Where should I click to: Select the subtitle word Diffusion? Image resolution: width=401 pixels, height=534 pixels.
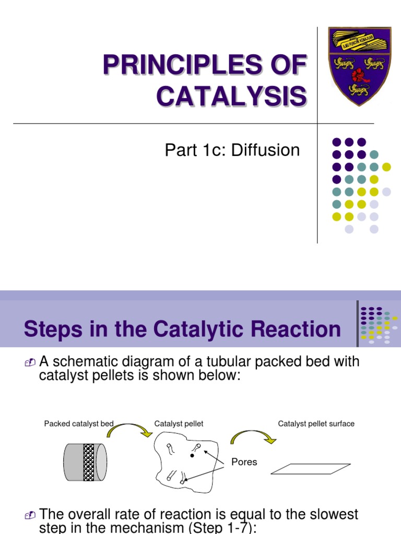[266, 150]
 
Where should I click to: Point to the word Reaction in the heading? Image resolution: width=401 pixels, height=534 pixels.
[297, 329]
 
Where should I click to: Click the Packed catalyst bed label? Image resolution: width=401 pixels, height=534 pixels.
[79, 423]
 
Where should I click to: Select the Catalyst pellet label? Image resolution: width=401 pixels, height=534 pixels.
[179, 423]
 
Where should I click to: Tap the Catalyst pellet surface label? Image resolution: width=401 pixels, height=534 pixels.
[316, 423]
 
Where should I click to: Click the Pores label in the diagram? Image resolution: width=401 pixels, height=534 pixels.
[244, 462]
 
